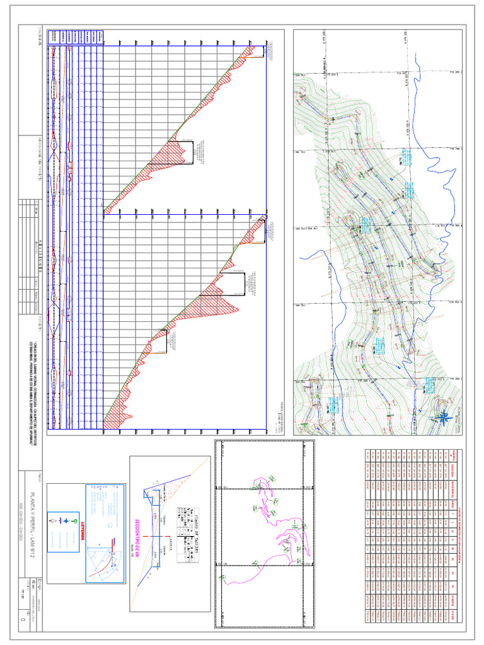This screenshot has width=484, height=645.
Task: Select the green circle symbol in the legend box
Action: pos(76,522)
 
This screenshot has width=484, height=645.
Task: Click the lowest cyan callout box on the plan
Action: pos(430,384)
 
